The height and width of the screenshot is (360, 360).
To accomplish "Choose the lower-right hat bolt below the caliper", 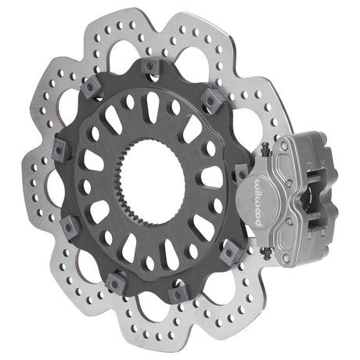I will coord(229,251).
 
